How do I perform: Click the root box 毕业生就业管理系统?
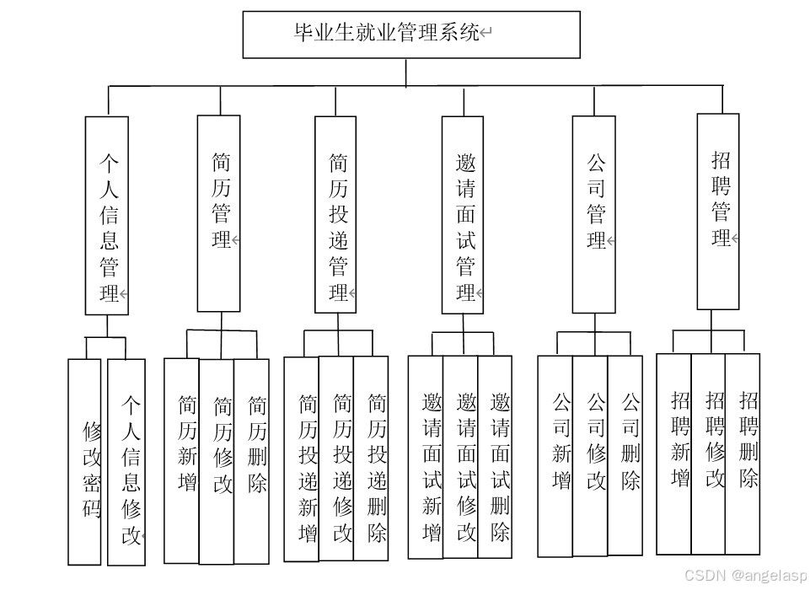tap(411, 35)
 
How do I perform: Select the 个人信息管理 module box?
tap(107, 216)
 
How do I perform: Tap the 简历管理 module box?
tap(218, 213)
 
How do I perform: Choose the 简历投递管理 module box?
tap(335, 215)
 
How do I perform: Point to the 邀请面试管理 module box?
tap(463, 215)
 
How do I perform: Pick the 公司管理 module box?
tap(593, 214)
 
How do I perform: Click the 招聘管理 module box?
tap(718, 212)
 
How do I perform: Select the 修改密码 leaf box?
tap(84, 462)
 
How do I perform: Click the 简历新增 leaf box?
tap(182, 460)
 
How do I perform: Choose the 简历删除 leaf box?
tap(252, 460)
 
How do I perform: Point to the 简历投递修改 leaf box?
tap(336, 459)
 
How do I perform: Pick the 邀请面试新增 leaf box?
tap(426, 458)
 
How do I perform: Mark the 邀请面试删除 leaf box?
tap(495, 458)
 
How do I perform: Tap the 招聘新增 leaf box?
tap(674, 453)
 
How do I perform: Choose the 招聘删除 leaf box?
tap(743, 453)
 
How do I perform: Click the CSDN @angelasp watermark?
tap(745, 575)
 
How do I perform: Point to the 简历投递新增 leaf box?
tap(302, 459)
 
